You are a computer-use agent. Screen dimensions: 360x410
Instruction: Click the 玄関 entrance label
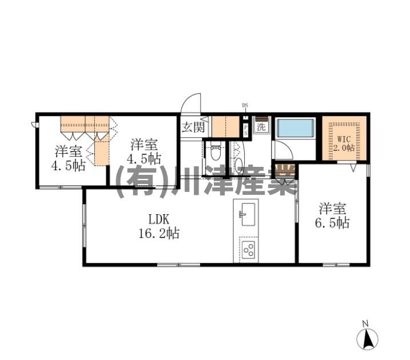(x=193, y=127)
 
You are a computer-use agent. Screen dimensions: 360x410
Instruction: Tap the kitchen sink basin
(x=248, y=215)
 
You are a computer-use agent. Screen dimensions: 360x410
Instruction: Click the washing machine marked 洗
(x=261, y=127)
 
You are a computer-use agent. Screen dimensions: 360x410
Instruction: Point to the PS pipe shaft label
(x=245, y=130)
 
